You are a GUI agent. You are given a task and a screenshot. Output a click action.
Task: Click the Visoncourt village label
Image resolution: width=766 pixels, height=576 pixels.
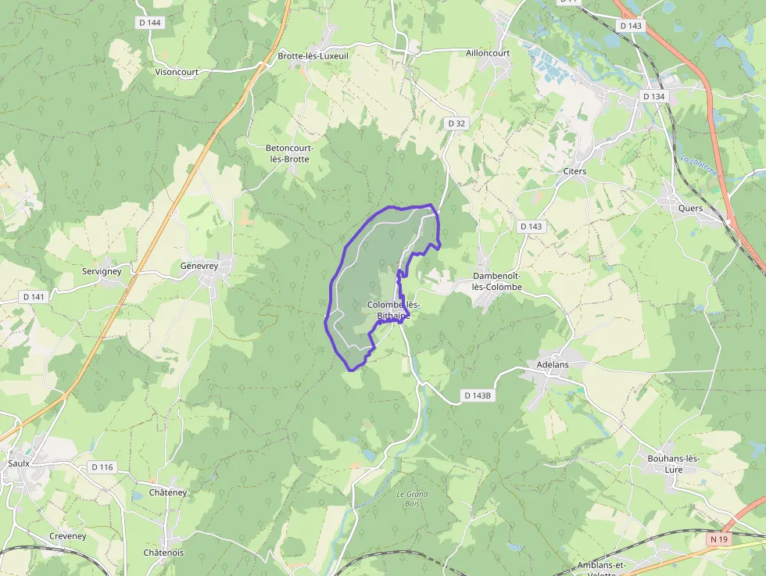coord(177,72)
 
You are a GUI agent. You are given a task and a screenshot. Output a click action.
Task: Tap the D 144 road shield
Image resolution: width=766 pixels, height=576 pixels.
coord(149,23)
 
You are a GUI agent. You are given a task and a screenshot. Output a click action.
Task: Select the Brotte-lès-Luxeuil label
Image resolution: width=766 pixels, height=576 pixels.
coord(313,56)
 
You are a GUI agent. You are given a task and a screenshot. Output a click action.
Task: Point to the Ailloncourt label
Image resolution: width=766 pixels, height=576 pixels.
coord(488,53)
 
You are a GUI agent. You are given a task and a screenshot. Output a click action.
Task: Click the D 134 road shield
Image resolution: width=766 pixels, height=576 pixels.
coord(653,96)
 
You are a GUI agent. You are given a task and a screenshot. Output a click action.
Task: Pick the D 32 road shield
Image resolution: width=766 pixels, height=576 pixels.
coord(456,123)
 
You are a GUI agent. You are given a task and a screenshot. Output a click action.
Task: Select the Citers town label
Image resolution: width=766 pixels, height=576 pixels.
coord(574,171)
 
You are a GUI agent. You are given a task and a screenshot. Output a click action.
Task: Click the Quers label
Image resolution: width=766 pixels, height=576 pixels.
coord(690,209)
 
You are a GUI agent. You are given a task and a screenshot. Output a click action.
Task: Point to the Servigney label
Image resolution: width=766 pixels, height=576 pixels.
coord(102,271)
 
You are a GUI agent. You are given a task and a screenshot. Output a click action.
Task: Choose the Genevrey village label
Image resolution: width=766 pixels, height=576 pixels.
coord(199,266)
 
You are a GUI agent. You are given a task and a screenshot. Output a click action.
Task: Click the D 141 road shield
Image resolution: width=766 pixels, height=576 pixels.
coord(34,297)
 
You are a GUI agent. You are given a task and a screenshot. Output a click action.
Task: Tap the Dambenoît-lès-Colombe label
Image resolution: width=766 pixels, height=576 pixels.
coord(497,282)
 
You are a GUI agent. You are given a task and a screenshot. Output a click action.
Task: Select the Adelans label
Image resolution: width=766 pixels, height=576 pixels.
coord(553,364)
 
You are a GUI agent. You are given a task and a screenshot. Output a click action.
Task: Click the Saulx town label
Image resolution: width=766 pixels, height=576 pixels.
coord(19,463)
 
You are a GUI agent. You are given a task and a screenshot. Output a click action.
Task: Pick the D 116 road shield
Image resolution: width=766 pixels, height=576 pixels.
coord(102,467)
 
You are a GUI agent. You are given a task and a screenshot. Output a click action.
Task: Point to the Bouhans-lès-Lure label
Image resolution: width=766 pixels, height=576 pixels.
coord(673,464)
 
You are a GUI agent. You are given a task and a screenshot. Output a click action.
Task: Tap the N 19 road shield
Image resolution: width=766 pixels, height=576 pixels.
coord(718,539)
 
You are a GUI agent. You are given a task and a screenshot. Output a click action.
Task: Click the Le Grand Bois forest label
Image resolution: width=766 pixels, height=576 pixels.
coord(412,499)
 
